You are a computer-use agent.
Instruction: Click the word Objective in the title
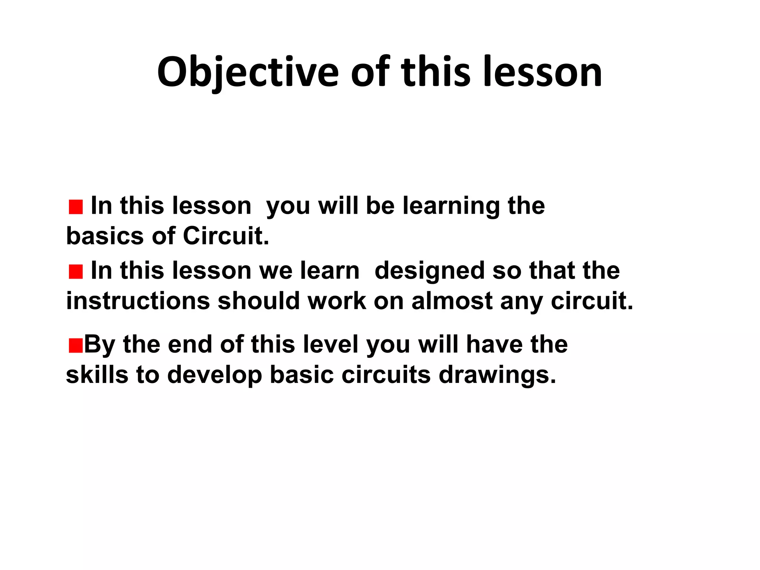248,72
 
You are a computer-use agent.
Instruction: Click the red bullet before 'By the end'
75,346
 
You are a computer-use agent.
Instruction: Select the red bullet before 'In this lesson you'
76,207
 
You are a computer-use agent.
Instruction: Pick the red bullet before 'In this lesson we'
76,272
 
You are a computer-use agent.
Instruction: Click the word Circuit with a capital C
226,236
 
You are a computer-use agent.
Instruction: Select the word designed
429,271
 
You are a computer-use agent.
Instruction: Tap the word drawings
497,376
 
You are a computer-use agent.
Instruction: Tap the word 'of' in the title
370,72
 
